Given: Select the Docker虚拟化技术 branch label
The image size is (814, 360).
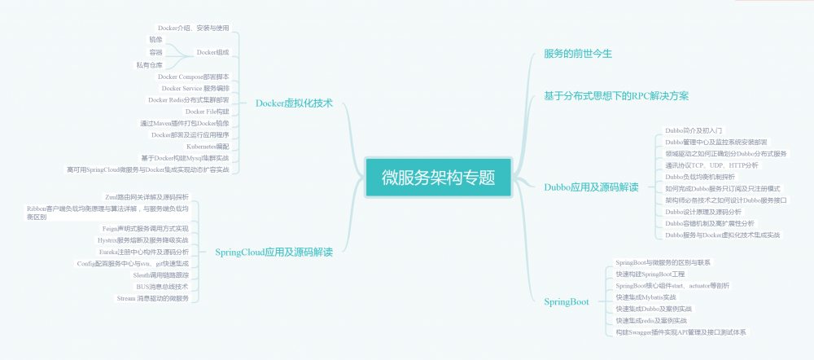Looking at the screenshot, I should [294, 103].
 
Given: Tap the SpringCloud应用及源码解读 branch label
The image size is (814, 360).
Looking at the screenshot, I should [274, 252].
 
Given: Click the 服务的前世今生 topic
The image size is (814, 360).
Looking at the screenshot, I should [577, 54].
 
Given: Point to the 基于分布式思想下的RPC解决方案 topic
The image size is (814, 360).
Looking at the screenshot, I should [616, 96].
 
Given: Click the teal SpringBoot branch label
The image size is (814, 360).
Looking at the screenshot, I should [567, 302].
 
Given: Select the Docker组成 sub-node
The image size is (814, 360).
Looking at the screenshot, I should [212, 52].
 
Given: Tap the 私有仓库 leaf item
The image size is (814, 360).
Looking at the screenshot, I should [149, 64].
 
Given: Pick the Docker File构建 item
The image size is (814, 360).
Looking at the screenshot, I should [207, 112].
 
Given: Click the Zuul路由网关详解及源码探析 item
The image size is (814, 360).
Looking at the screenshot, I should [147, 197].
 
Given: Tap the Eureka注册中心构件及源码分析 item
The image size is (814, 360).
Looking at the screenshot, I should [143, 252].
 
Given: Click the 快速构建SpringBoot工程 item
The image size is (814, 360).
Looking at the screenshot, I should [650, 274].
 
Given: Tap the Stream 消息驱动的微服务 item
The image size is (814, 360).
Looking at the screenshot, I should [152, 298].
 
